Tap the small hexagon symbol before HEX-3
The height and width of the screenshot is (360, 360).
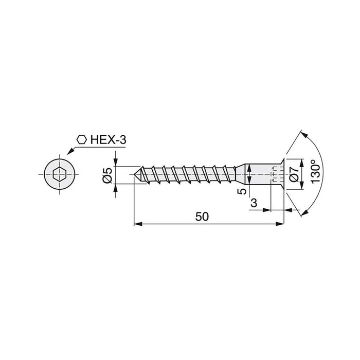click(x=81, y=139)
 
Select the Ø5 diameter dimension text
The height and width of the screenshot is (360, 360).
click(x=107, y=176)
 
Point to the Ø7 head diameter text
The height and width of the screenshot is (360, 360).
click(x=294, y=173)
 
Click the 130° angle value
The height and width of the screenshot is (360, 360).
click(x=315, y=173)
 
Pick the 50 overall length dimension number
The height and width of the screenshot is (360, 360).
click(x=202, y=217)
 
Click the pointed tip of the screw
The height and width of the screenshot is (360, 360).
click(x=136, y=175)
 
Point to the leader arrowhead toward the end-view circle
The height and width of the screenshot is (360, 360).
click(x=67, y=153)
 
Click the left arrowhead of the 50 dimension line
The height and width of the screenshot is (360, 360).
click(x=137, y=224)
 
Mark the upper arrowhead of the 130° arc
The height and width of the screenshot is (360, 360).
click(x=303, y=134)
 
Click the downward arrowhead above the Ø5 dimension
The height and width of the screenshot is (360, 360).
click(x=117, y=163)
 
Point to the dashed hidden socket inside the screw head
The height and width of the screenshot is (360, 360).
click(x=272, y=175)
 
